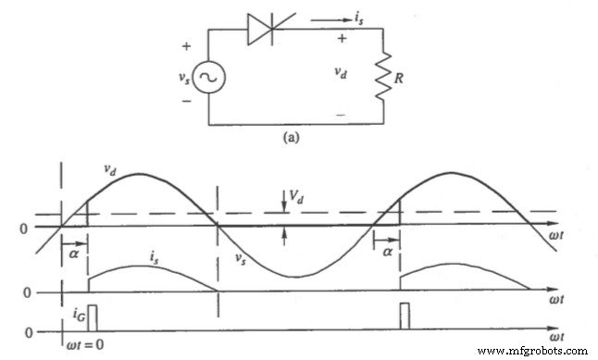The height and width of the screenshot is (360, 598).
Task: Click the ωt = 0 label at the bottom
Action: (76, 348)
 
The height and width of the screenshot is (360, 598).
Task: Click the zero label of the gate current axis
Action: (28, 330)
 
